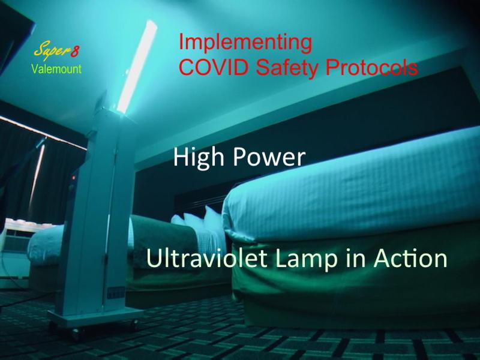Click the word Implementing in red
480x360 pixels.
coord(245,43)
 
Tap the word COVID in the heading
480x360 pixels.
coord(214,67)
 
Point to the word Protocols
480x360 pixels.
coord(371,67)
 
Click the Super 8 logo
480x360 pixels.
coord(56,50)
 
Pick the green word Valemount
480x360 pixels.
coord(56,69)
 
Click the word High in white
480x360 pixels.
coord(199,157)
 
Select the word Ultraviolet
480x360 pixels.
coord(207,258)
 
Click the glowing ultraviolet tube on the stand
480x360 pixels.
coord(137,66)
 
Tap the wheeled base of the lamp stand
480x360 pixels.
coord(96,319)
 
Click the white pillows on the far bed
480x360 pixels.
coord(200,223)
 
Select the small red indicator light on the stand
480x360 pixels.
coord(73,178)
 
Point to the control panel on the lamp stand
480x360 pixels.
coord(116,293)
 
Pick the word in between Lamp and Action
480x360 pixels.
coord(356,258)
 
